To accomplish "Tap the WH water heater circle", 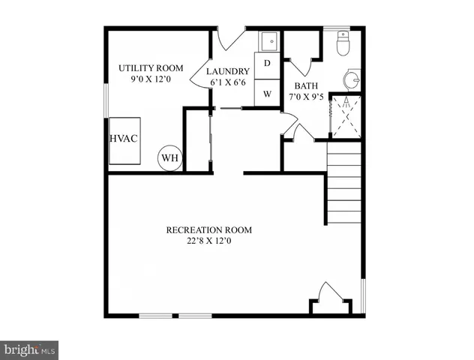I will (x=169, y=158).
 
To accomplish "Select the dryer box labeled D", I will (x=267, y=65).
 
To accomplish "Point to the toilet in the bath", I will (x=343, y=44).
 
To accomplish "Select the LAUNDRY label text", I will (x=229, y=71).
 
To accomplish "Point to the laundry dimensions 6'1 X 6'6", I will (x=229, y=82).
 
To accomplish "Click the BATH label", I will (x=305, y=85).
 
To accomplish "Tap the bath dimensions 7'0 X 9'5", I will (x=305, y=97).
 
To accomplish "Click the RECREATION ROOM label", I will (x=208, y=229).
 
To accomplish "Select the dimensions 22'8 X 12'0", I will (x=208, y=241).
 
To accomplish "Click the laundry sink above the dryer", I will (x=268, y=40).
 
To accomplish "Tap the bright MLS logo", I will (x=29, y=349).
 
